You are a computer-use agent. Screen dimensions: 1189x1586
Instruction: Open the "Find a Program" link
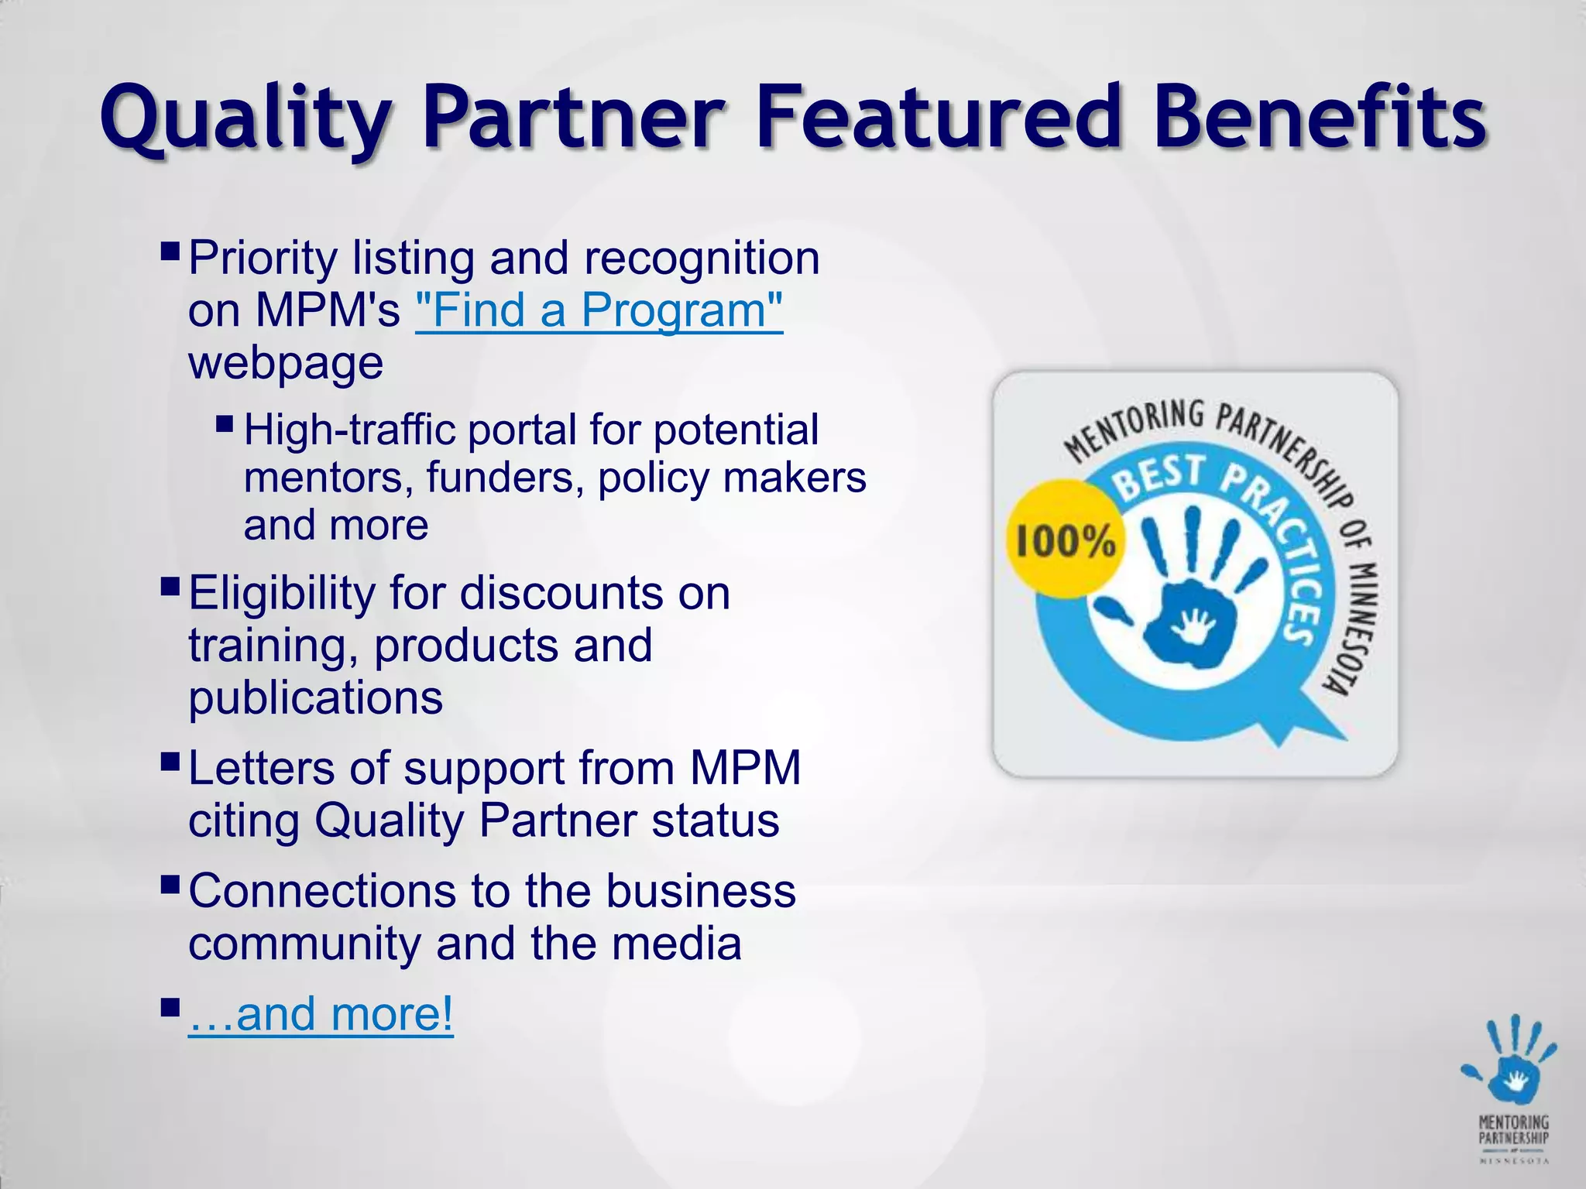click(599, 310)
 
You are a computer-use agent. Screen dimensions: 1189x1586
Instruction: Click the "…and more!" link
click(321, 1014)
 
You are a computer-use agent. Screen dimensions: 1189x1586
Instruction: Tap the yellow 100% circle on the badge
click(1065, 540)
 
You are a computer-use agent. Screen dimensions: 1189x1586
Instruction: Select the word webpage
click(286, 363)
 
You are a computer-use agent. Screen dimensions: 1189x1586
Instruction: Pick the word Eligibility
click(282, 594)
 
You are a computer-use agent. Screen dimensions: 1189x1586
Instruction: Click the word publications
click(315, 698)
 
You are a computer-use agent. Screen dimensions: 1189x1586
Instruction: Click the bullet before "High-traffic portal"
click(225, 423)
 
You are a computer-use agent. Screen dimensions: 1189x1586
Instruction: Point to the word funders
click(504, 478)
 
